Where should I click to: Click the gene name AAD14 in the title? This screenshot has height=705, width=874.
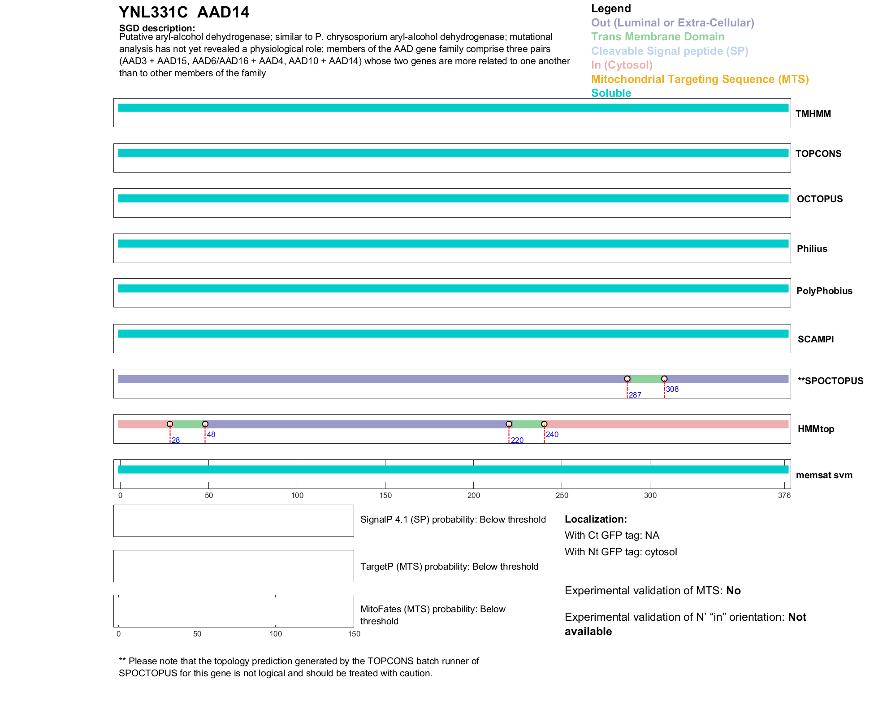(223, 12)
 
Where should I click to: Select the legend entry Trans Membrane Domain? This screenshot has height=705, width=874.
(658, 37)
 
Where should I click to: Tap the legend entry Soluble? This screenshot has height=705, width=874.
(611, 93)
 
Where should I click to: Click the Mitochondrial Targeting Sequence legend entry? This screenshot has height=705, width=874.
(700, 79)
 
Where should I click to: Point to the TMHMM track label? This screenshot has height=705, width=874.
(813, 114)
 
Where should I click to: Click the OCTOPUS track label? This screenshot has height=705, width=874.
(819, 199)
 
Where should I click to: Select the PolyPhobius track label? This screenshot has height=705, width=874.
(824, 291)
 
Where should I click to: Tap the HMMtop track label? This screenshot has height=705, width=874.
(816, 429)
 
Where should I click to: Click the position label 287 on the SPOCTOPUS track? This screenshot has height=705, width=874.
(635, 395)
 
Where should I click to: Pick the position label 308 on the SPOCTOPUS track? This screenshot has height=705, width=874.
(672, 389)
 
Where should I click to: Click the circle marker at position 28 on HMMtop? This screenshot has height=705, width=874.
(170, 424)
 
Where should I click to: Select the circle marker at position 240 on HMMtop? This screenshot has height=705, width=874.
(544, 424)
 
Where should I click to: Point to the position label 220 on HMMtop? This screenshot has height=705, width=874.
(517, 440)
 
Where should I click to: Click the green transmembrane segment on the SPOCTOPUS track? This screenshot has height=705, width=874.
(645, 379)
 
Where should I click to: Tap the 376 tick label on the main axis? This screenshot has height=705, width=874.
(784, 495)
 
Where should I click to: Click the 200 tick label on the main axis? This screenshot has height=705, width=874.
(473, 495)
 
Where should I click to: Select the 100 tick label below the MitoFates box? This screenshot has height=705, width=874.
(276, 634)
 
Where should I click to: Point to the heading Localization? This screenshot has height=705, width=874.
(595, 519)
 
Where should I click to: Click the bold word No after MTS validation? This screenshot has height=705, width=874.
(733, 591)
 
